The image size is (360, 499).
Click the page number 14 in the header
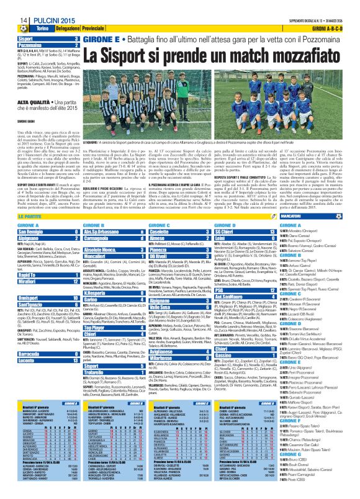pos(14,5)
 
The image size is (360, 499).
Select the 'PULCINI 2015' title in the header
pos(42,5)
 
